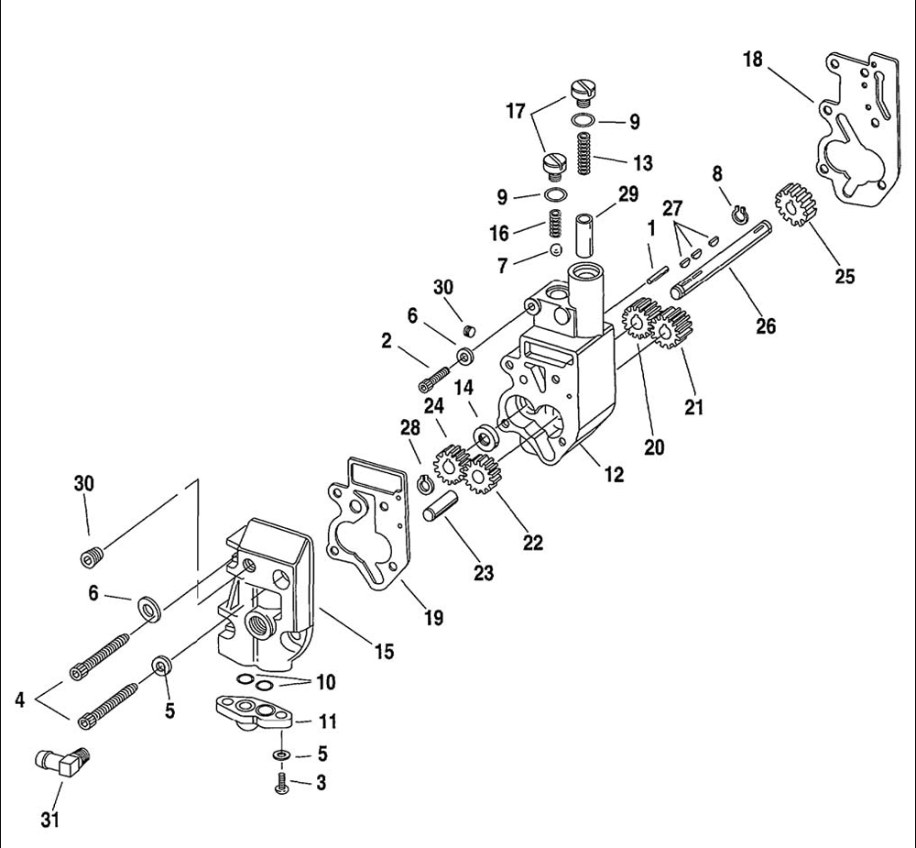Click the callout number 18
tap(754, 60)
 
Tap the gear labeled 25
tap(796, 205)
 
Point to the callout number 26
tap(766, 325)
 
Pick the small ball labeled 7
tap(556, 249)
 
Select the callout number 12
tap(614, 474)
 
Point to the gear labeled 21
tap(671, 328)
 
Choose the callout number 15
tap(385, 651)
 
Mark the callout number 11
tap(328, 721)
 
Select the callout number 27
tap(671, 208)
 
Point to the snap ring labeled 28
tap(425, 484)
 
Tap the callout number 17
tap(516, 111)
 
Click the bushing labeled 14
tap(485, 435)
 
